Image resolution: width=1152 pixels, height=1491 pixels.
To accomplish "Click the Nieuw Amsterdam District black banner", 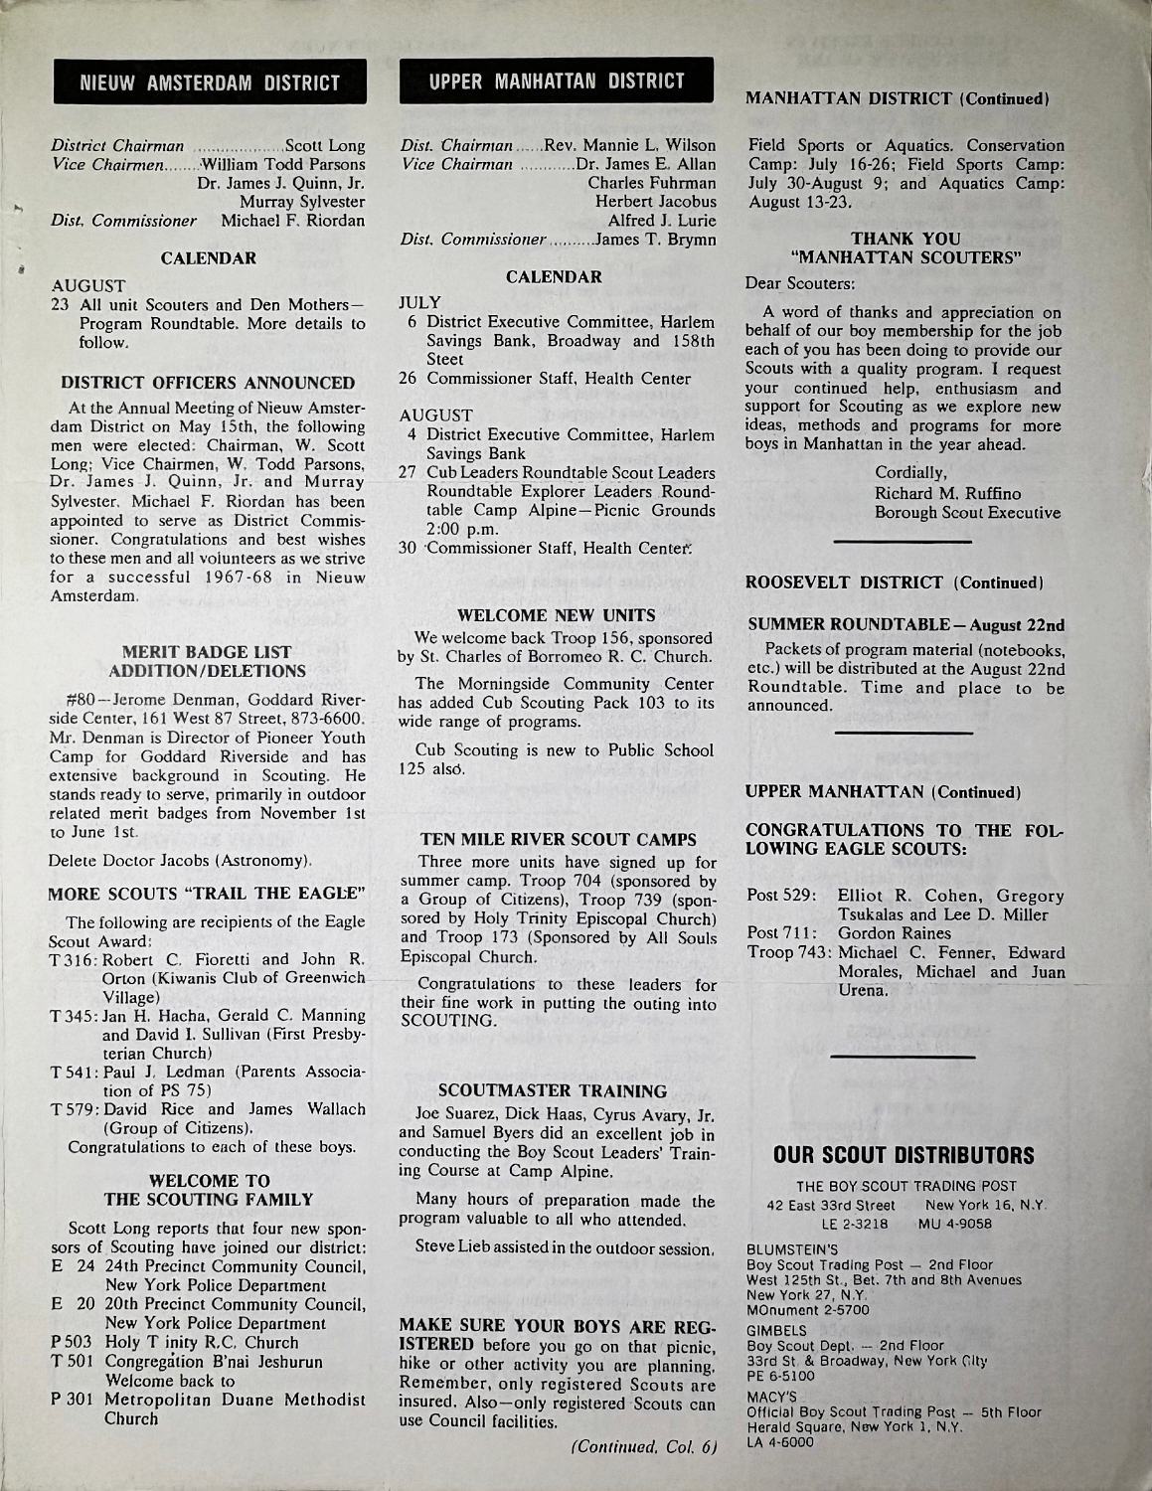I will pyautogui.click(x=210, y=83).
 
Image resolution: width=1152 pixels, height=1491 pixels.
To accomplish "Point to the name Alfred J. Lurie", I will pyautogui.click(x=662, y=220).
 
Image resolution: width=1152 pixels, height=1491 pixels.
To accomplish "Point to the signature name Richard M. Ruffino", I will pyautogui.click(x=947, y=493).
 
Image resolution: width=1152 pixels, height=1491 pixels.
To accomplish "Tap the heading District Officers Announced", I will pyautogui.click(x=208, y=383).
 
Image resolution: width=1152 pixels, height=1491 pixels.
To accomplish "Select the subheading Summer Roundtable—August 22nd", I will pyautogui.click(x=905, y=625).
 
